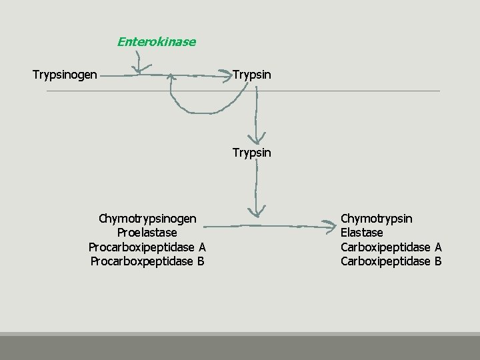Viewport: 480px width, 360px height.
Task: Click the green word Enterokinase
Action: click(x=156, y=42)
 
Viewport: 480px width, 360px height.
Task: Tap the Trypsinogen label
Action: click(x=65, y=74)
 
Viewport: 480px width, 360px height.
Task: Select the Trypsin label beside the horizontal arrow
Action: click(x=251, y=73)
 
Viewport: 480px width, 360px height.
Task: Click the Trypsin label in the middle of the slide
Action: click(x=251, y=153)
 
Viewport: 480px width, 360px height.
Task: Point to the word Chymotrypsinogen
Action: click(x=147, y=219)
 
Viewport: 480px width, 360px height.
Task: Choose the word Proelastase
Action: click(x=147, y=233)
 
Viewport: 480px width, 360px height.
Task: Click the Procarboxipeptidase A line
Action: click(x=147, y=247)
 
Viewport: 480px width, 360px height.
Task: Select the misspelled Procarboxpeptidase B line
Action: click(x=147, y=261)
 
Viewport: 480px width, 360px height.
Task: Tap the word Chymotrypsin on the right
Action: click(x=376, y=219)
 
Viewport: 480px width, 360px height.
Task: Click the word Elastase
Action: click(x=361, y=233)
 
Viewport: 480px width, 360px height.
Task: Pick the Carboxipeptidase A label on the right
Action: click(x=391, y=247)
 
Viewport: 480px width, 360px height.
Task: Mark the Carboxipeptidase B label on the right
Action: click(x=391, y=261)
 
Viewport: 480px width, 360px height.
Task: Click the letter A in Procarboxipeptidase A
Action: click(x=202, y=247)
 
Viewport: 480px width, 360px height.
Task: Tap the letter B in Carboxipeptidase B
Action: click(x=438, y=261)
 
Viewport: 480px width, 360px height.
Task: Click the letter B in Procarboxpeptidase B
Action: click(x=200, y=261)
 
